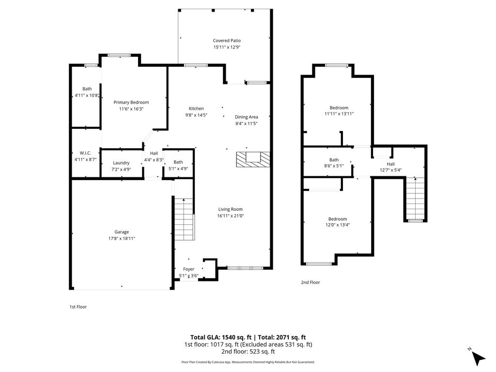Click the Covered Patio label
227,41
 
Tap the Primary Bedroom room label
131,102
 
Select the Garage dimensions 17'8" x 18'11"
122,238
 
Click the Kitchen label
196,108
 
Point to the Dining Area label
246,117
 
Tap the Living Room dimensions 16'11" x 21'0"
230,216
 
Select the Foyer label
188,269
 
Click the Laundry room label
121,163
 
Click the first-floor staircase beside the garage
184,218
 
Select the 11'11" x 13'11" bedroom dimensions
339,114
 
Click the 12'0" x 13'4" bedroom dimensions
337,225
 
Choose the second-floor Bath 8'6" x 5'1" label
334,160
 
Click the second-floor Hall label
390,164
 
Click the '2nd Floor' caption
310,282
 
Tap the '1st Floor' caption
78,307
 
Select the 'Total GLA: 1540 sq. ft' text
220,337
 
